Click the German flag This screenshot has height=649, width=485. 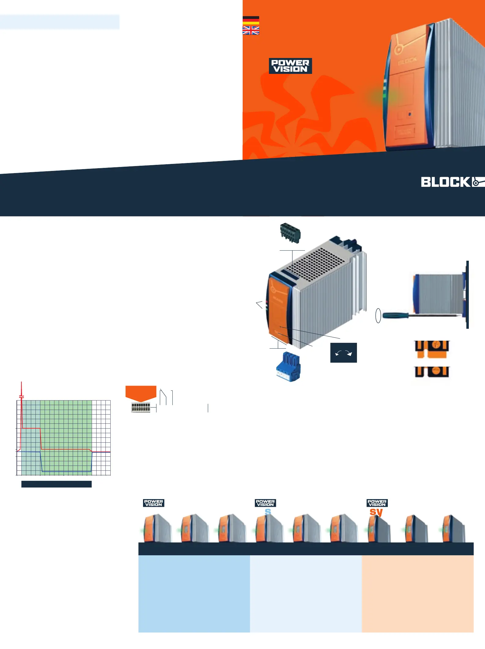[251, 20]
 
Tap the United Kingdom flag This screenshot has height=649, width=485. [251, 30]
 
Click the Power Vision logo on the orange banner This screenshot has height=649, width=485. [290, 66]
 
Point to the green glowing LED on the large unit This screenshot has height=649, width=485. [384, 96]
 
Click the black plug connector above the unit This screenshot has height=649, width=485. [290, 233]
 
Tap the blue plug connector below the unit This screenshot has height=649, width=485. [288, 367]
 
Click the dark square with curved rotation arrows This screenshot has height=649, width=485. [344, 353]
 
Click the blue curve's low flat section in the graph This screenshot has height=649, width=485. [66, 472]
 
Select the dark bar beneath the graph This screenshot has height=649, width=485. [57, 484]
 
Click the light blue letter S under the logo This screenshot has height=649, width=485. [268, 512]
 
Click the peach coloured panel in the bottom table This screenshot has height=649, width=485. [417, 594]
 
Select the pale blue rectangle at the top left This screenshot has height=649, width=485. [60, 22]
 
